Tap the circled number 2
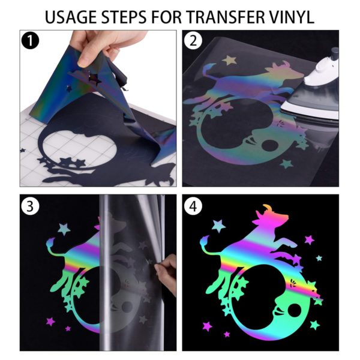pos(193,42)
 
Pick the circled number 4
pos(193,206)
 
